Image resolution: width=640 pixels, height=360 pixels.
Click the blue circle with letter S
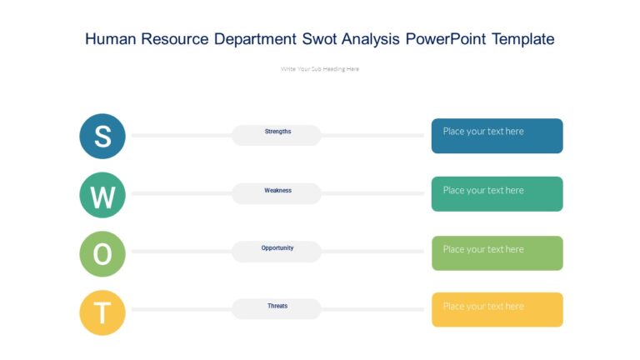point(102,136)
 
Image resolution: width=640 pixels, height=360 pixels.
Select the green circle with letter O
point(102,254)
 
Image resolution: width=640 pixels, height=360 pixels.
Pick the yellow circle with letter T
point(102,312)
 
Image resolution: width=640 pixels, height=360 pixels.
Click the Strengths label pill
point(277,134)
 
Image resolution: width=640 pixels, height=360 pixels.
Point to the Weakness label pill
point(277,192)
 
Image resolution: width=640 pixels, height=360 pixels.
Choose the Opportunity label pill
point(277,251)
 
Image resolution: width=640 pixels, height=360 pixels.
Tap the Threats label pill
point(277,308)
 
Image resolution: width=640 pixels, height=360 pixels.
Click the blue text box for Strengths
point(497,136)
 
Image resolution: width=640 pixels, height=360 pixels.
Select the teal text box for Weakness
point(497,194)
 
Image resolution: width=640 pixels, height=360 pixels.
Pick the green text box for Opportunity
point(497,252)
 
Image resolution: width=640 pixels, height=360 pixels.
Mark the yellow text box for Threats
point(497,309)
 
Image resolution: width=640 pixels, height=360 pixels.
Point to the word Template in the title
point(522,39)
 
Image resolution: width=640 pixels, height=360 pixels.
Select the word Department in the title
point(255,39)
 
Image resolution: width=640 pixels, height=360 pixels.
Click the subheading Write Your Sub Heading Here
point(320,69)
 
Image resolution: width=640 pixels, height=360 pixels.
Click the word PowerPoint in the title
point(446,39)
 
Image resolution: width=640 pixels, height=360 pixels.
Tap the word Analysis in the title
point(372,39)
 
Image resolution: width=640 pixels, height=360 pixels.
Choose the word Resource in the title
point(177,39)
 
